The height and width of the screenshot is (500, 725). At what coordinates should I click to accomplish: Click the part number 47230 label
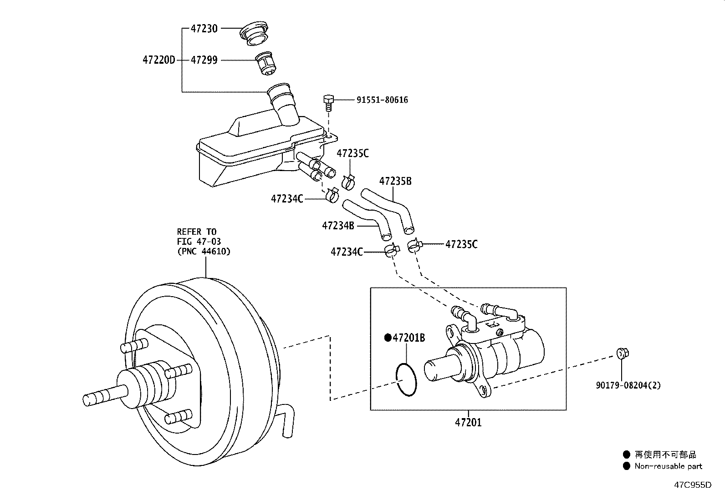tap(204, 29)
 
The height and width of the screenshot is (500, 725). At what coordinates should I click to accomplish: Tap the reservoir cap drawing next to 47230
tap(254, 33)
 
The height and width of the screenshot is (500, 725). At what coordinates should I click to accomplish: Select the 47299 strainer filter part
tap(265, 63)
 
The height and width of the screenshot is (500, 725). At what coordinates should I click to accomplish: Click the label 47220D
tap(158, 60)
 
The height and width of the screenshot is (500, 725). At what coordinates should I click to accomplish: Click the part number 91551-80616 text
tap(382, 100)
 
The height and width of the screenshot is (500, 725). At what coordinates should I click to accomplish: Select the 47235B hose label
tap(395, 181)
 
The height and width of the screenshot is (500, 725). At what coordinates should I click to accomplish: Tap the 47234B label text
tap(338, 225)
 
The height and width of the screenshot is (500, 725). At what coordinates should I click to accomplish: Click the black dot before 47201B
tap(388, 338)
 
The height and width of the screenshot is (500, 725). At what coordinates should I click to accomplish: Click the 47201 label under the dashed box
tap(468, 422)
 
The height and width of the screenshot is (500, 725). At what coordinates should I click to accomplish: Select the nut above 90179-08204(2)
tap(623, 353)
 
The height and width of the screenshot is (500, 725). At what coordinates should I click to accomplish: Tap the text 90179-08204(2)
tap(628, 385)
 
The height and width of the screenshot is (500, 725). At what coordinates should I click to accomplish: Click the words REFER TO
tap(196, 232)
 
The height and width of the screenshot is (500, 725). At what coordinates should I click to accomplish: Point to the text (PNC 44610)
tap(204, 251)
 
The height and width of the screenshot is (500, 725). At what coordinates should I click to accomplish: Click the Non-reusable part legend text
tap(669, 466)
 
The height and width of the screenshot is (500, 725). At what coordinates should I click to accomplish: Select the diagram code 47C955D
tap(693, 485)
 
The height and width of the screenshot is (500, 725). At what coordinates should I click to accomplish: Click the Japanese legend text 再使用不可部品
tap(665, 455)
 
